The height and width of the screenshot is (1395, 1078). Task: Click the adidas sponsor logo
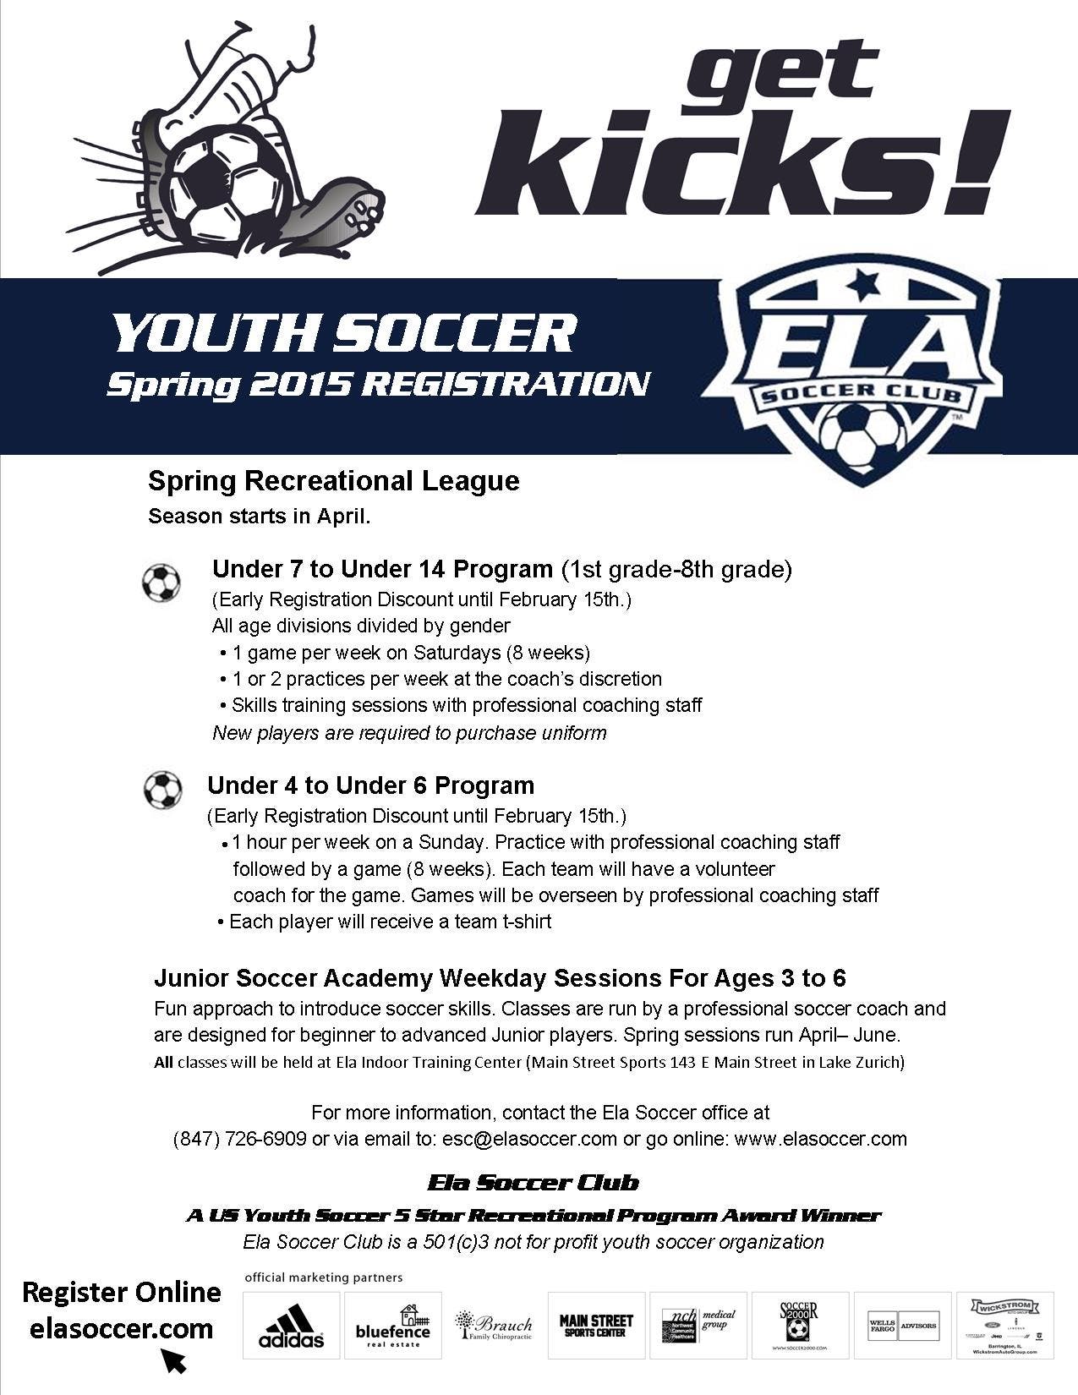click(x=291, y=1326)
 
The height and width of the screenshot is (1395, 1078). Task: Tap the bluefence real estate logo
click(x=392, y=1326)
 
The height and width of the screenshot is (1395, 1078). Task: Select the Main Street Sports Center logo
click(x=596, y=1325)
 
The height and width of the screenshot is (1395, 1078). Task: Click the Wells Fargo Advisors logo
click(x=902, y=1325)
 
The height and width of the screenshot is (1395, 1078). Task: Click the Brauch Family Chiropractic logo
click(x=494, y=1325)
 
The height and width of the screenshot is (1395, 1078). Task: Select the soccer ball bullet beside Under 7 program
click(x=161, y=583)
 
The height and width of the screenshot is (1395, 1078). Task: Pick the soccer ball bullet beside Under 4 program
click(x=162, y=790)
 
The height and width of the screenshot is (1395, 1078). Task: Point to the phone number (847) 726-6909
click(x=239, y=1139)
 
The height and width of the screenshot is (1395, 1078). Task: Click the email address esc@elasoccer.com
click(x=529, y=1139)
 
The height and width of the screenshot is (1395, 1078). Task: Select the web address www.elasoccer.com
click(x=820, y=1139)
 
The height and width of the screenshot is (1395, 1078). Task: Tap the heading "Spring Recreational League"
click(x=333, y=481)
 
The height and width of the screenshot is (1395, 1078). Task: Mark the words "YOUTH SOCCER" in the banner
click(x=344, y=333)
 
